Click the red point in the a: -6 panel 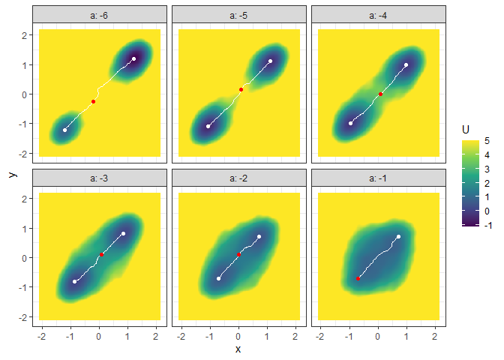coord(94,101)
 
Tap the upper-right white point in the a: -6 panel coord(133,58)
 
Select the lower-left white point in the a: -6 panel coord(64,130)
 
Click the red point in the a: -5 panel coord(241,90)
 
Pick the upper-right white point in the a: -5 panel coord(270,61)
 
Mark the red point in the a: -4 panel coord(380,94)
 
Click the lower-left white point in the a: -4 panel coord(350,123)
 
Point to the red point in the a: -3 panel coord(101,255)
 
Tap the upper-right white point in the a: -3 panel coord(123,233)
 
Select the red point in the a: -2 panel coord(239,255)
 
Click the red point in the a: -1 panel coord(358,278)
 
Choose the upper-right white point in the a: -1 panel coord(398,237)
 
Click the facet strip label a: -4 coord(379,15)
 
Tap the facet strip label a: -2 coord(239,178)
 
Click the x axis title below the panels coord(238,349)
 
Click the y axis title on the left coord(12,174)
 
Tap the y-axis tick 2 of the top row coord(25,35)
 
